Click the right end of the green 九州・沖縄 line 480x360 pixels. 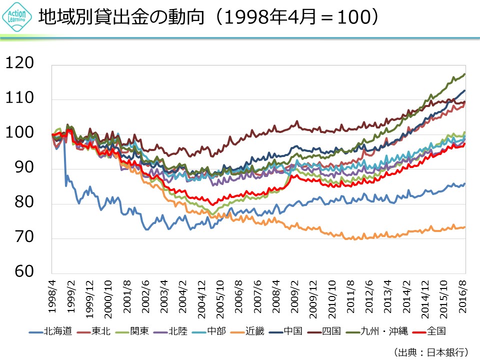click(465, 74)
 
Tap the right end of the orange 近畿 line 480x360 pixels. click(465, 227)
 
